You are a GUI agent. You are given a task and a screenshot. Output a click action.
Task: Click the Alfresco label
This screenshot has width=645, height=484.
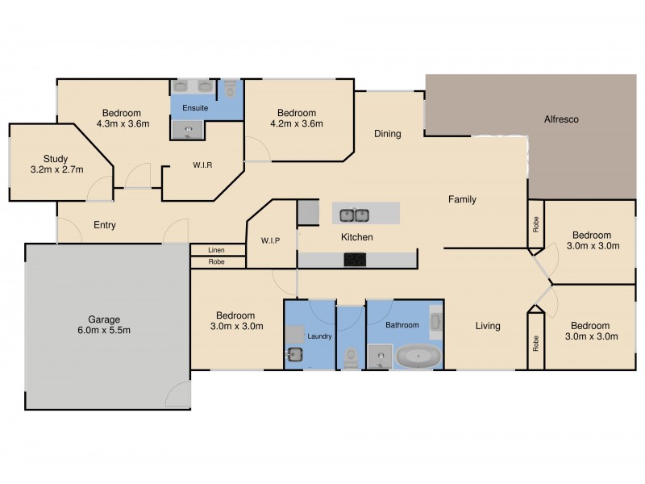[561, 119]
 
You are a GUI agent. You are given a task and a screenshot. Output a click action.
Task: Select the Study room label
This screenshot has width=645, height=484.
[56, 159]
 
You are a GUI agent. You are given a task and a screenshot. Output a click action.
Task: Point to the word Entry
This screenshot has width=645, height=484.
[105, 225]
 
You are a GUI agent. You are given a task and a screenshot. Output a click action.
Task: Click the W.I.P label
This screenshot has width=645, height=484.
[270, 240]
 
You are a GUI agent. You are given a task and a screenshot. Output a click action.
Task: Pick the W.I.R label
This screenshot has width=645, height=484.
[202, 165]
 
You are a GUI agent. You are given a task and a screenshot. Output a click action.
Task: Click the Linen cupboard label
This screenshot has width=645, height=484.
[216, 250]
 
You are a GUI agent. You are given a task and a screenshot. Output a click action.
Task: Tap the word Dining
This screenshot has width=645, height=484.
[387, 134]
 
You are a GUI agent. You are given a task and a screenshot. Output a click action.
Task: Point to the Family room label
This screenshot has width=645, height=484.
[462, 199]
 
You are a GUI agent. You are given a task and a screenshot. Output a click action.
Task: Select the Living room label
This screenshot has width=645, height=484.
[487, 326]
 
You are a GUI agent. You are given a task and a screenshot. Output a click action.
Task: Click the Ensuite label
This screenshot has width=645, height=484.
[195, 107]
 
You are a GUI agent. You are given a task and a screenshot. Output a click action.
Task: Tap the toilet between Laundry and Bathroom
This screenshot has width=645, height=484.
[350, 357]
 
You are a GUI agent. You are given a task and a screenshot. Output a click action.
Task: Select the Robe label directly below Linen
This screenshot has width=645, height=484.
[216, 262]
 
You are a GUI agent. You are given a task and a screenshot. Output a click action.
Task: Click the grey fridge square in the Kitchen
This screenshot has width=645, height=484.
[309, 213]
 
